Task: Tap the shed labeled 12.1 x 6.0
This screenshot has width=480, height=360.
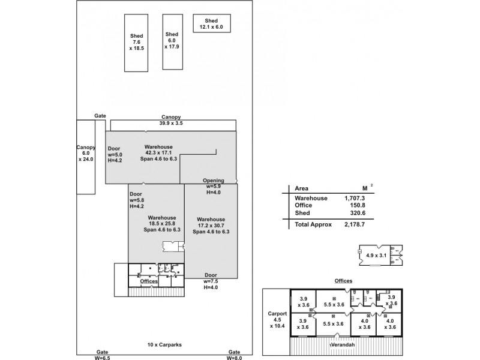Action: (211, 24)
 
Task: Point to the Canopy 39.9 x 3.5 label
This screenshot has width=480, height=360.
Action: (171, 120)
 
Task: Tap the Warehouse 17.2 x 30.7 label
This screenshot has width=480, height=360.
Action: (211, 225)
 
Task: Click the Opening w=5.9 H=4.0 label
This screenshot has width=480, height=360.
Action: (214, 186)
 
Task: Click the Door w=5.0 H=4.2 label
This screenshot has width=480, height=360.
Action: (115, 154)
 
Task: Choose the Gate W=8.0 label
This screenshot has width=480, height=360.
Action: (234, 355)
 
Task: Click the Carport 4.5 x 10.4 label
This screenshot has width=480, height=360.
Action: (277, 320)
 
